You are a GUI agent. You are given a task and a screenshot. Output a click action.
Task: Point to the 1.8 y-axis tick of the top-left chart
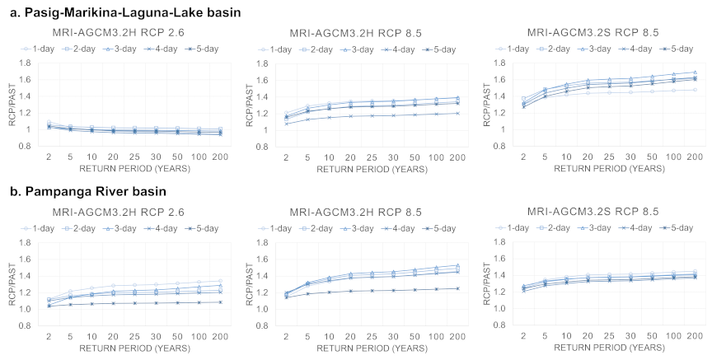point(20,63)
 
